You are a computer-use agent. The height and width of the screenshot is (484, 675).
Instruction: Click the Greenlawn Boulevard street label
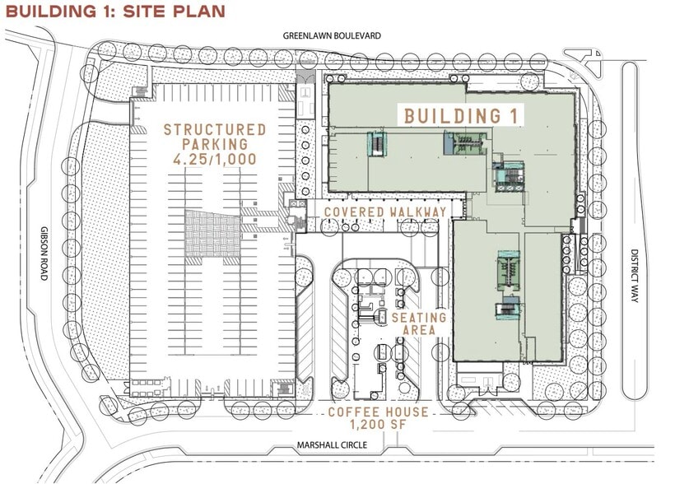(x=332, y=35)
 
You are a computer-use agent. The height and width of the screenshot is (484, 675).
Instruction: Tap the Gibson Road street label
(x=44, y=254)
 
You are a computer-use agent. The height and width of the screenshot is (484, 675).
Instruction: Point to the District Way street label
(x=634, y=276)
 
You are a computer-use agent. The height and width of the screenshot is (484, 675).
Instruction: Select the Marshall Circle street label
(x=332, y=444)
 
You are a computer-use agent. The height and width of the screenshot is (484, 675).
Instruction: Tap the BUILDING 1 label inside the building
(x=460, y=116)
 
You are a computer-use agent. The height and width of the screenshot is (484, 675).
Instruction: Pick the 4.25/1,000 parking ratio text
(x=215, y=160)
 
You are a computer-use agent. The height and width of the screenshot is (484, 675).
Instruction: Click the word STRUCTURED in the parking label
(x=215, y=129)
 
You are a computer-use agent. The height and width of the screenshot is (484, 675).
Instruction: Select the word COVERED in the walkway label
(x=354, y=212)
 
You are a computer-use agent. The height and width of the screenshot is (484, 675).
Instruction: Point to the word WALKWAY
(x=418, y=212)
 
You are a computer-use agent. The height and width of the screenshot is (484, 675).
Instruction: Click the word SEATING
(x=419, y=318)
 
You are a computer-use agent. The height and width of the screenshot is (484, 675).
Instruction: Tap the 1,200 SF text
(x=379, y=424)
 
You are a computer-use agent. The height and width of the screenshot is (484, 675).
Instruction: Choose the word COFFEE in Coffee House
(x=351, y=412)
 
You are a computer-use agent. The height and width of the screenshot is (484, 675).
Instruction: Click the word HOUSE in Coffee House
(x=404, y=412)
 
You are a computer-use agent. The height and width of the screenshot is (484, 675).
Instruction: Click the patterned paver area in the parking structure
(x=213, y=235)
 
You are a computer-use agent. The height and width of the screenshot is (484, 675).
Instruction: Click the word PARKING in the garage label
(x=215, y=144)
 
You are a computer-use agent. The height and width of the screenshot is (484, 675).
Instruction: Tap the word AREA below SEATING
(x=419, y=331)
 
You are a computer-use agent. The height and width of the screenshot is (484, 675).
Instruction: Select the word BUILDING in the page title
(x=51, y=12)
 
